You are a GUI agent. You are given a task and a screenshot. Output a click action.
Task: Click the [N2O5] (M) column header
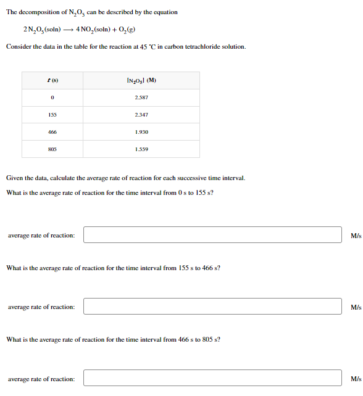point(141,80)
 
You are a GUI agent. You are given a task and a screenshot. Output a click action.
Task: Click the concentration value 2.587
point(141,97)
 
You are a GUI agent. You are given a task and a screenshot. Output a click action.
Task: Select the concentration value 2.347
point(141,115)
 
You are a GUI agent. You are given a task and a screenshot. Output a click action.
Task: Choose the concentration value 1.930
point(141,132)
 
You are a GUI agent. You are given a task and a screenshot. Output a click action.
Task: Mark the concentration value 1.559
point(141,149)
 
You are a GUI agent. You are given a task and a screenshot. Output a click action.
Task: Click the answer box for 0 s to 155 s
point(212,235)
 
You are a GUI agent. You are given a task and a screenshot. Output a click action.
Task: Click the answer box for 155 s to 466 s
point(212,307)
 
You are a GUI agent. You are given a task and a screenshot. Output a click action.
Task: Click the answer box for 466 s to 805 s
point(212,379)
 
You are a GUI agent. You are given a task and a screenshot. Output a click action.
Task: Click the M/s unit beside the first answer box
point(355,236)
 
